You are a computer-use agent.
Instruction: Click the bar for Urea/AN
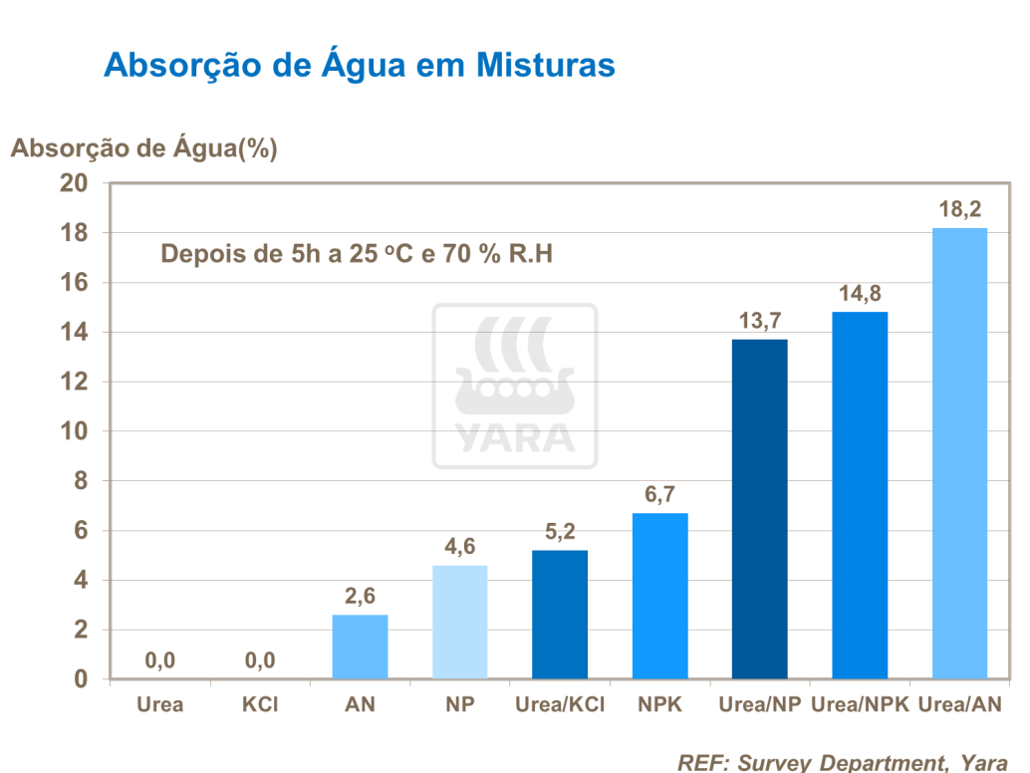pos(959,453)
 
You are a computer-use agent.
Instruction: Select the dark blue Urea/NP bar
pos(759,509)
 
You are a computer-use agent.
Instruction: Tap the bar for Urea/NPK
pos(860,495)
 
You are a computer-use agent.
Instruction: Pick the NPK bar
pos(659,596)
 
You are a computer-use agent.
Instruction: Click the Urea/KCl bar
pos(559,615)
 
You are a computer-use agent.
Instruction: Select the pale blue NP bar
pos(459,622)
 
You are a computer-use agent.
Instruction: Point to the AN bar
pos(360,646)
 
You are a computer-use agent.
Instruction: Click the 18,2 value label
pos(959,209)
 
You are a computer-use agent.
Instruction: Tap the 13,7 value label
pos(759,321)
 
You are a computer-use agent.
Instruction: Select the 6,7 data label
pos(659,495)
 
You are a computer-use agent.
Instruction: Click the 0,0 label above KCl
pos(259,659)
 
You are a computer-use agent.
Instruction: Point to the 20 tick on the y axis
pos(77,183)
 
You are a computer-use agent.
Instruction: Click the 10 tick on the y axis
pos(77,431)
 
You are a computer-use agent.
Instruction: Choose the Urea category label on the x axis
pos(159,704)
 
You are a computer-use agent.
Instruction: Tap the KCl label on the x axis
pos(259,704)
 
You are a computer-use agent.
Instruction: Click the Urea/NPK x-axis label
pos(860,704)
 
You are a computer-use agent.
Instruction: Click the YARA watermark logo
pos(515,386)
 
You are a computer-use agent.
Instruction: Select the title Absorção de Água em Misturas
pos(359,65)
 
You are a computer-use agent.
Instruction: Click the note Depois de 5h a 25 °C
pos(357,253)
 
